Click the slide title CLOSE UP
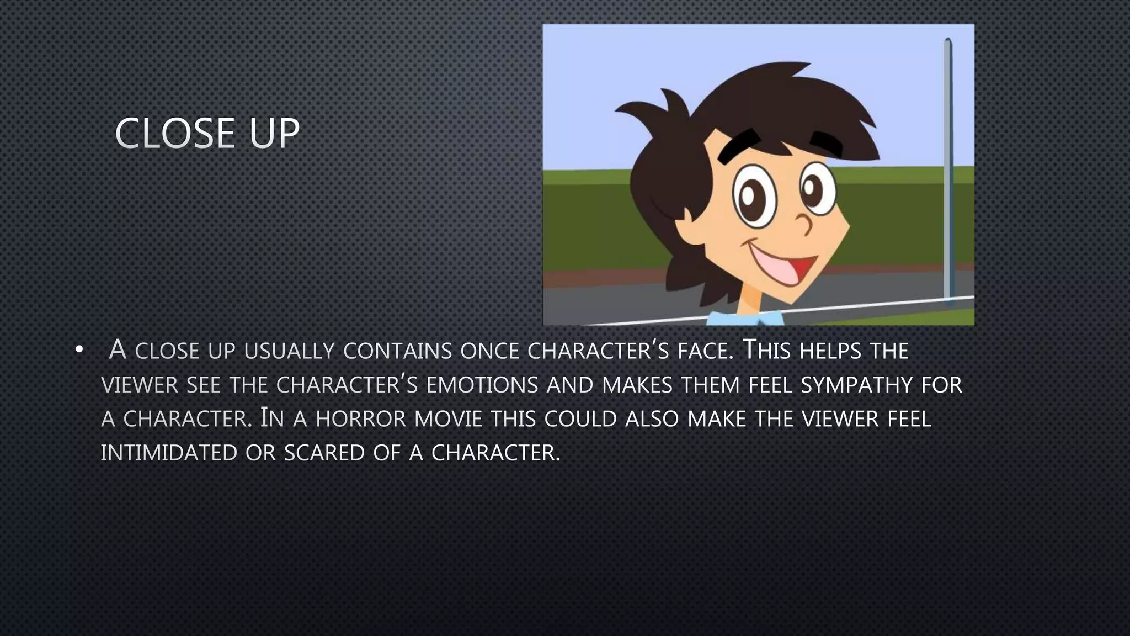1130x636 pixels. (x=207, y=134)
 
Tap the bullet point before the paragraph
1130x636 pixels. (x=79, y=350)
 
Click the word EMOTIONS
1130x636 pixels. (x=482, y=385)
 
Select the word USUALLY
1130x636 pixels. (x=289, y=351)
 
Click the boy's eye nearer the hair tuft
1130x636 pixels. (x=754, y=198)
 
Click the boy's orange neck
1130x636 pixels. (x=750, y=301)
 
